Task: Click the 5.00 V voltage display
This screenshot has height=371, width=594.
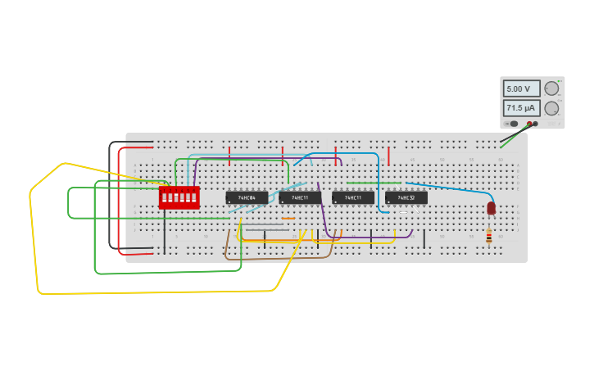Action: (x=521, y=88)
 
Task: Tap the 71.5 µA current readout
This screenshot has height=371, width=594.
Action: (x=521, y=108)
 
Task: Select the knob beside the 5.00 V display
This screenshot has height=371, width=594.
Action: (x=551, y=88)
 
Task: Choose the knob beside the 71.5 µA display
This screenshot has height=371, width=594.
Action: (x=551, y=108)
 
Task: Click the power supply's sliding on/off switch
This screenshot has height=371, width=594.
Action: (x=512, y=124)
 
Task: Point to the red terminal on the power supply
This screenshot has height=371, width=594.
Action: (x=536, y=124)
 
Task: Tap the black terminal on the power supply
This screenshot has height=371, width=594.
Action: (x=529, y=124)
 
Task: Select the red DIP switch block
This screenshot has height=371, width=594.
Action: (x=179, y=197)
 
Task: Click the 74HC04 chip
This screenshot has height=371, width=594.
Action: (x=247, y=197)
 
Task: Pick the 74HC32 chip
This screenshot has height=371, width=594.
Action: (x=406, y=197)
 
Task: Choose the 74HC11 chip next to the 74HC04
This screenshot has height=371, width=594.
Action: (x=300, y=197)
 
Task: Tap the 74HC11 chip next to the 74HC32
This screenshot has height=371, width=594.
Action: (x=353, y=197)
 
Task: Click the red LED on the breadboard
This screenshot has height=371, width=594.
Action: (x=491, y=208)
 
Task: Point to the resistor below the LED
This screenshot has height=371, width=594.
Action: (x=489, y=236)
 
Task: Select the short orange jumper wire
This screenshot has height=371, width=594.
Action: (x=288, y=219)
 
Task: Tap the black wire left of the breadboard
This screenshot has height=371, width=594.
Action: (x=110, y=197)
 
